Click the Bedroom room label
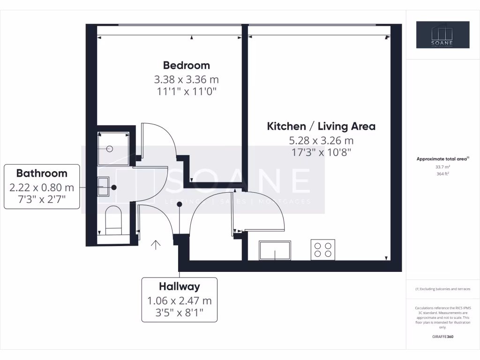tap(187, 65)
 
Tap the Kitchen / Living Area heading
tap(321, 126)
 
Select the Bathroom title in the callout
tap(42, 173)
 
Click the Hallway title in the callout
tap(179, 286)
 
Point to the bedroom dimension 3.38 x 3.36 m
tap(187, 79)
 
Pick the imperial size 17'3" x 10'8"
tap(321, 152)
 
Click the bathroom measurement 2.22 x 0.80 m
tap(42, 187)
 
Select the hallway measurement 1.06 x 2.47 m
tap(179, 300)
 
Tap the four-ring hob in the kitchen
tap(323, 249)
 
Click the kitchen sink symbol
tap(275, 250)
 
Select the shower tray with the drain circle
tap(113, 148)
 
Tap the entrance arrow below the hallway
tap(156, 244)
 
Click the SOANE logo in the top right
tap(442, 35)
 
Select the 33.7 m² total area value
tap(442, 166)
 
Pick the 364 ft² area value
tap(442, 173)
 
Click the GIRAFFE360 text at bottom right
tap(442, 337)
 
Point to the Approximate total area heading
tap(442, 159)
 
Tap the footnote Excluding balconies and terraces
tap(442, 289)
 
